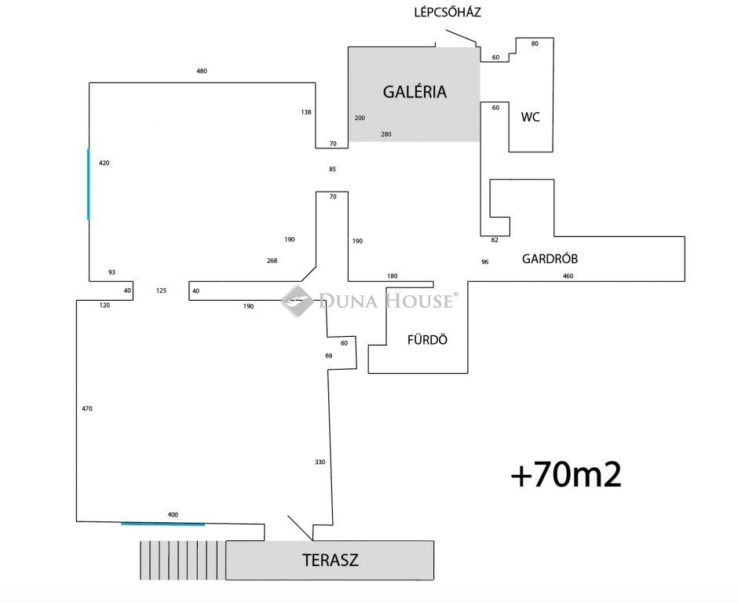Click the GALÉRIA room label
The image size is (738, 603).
[x=415, y=92]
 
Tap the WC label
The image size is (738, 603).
[x=531, y=118]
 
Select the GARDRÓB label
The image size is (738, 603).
[x=550, y=258]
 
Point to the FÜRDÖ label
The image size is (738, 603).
[x=427, y=341]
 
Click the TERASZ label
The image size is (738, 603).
[x=331, y=561]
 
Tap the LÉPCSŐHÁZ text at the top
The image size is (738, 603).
[x=448, y=13]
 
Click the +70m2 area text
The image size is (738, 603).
[x=566, y=475]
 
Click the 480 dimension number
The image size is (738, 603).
[x=202, y=71]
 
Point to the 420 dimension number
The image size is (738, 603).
[x=104, y=163]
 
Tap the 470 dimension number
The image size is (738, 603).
[x=87, y=409]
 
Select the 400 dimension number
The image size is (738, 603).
[x=173, y=515]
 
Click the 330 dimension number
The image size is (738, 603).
[x=320, y=462]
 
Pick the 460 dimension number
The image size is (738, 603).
[x=568, y=276]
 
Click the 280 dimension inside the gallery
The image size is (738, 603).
[x=385, y=134]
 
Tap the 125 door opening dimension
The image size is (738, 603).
[x=161, y=291]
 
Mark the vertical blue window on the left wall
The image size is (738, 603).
[x=88, y=184]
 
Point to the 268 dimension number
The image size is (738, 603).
[x=272, y=261]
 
